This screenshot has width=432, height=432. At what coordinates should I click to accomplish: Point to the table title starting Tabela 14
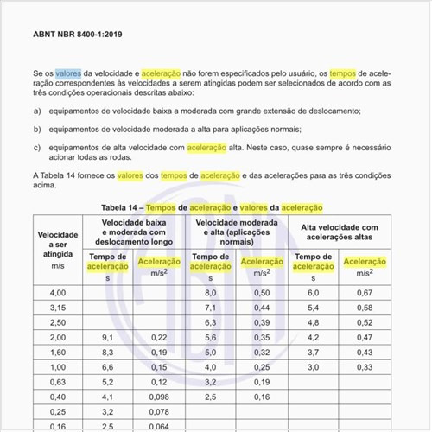coord(212,208)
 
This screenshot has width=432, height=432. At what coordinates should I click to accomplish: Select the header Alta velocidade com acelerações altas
coord(339,232)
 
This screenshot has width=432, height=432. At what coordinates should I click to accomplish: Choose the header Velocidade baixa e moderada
coord(133,232)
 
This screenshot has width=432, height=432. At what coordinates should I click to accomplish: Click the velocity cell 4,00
coord(57,294)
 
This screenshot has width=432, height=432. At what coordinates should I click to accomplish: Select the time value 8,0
coord(210,294)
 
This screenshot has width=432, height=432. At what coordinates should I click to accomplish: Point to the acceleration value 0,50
coord(262,294)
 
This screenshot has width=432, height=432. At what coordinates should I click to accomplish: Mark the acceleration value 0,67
coord(365,294)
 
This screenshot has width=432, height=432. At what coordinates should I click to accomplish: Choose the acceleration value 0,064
coord(159,426)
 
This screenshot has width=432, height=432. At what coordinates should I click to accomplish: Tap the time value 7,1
coord(210,308)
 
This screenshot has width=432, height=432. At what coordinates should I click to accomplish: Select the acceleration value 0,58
coord(365,308)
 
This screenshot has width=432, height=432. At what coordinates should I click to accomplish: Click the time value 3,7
coord(313,353)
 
